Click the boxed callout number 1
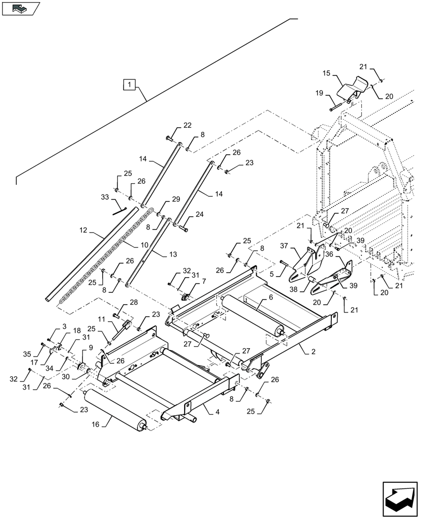(x=129, y=84)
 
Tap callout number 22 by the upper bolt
(x=187, y=125)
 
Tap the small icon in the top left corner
(x=21, y=8)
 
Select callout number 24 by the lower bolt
(x=200, y=214)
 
